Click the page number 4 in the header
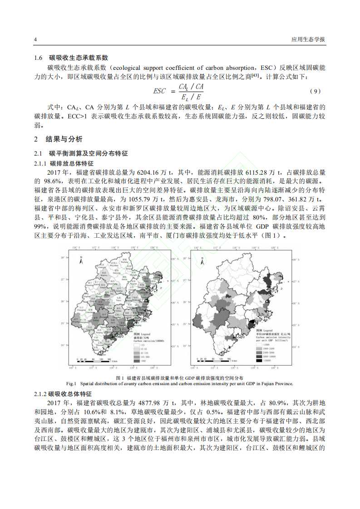point(35,39)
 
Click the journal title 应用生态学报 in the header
point(308,39)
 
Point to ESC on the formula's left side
point(159,91)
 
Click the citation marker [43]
point(255,75)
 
